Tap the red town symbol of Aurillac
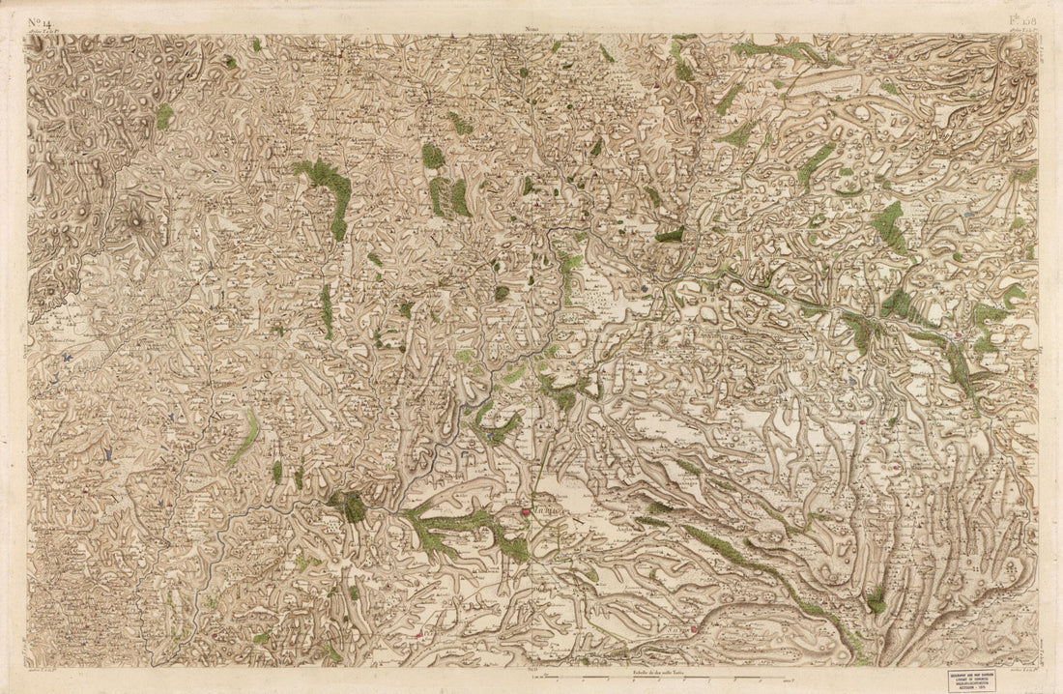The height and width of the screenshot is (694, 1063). click(526, 513)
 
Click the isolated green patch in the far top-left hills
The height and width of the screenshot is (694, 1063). click(165, 116)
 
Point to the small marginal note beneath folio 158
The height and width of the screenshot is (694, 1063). click(1021, 33)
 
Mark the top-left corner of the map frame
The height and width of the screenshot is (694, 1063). click(28, 36)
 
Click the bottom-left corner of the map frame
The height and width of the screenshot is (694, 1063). click(28, 667)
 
